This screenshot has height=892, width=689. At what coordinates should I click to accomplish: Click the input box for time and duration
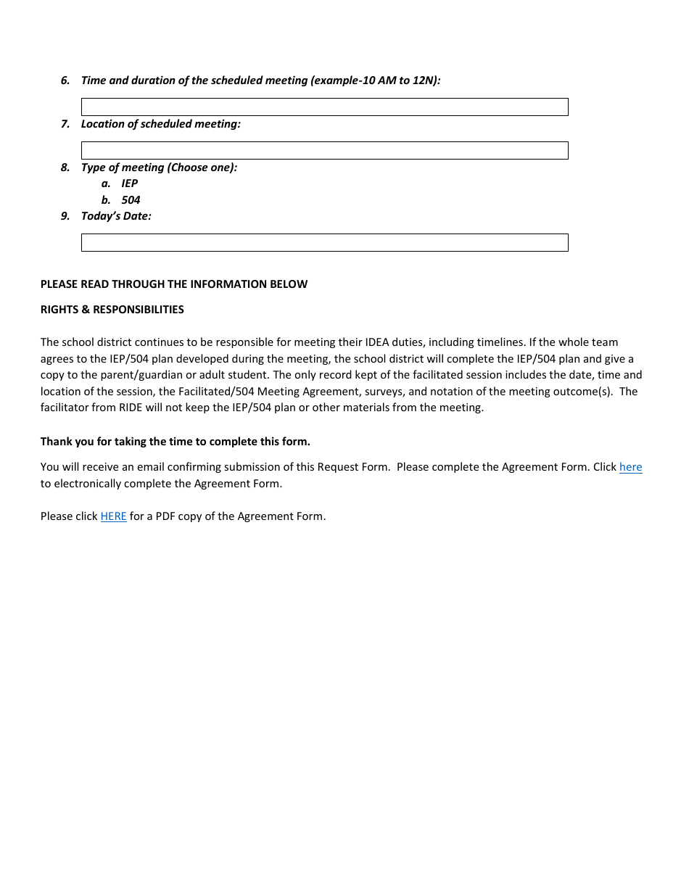tap(324, 107)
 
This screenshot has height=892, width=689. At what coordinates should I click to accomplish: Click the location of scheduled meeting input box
tap(324, 151)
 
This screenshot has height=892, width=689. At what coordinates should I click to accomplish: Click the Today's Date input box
tap(324, 243)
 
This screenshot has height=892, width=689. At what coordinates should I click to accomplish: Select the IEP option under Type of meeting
tap(129, 183)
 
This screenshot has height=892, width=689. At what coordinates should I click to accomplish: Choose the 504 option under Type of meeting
tap(131, 200)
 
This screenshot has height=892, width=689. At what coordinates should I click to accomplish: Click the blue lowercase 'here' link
tap(630, 467)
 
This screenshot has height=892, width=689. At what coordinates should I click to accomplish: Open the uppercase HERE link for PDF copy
tap(113, 516)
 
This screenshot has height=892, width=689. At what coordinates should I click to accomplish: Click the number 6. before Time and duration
tap(65, 80)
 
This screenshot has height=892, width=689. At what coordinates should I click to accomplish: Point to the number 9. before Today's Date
tap(65, 216)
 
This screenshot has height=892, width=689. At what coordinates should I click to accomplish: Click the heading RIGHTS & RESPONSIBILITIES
tap(112, 310)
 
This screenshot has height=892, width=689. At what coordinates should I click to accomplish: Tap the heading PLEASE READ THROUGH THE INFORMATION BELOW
tap(174, 284)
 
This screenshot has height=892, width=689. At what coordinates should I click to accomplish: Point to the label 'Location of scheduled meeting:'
tap(160, 124)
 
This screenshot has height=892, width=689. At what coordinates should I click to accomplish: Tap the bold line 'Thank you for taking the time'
tap(175, 442)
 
